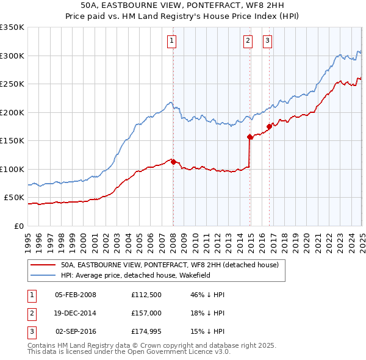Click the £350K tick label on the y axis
(x=12, y=27)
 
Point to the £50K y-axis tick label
(x=14, y=198)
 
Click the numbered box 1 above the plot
(x=172, y=41)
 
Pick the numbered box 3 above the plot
(x=267, y=41)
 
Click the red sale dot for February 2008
(x=173, y=162)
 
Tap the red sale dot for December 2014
(x=250, y=137)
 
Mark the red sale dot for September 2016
(x=269, y=126)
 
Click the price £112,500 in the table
(x=145, y=295)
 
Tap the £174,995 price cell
(x=145, y=333)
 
